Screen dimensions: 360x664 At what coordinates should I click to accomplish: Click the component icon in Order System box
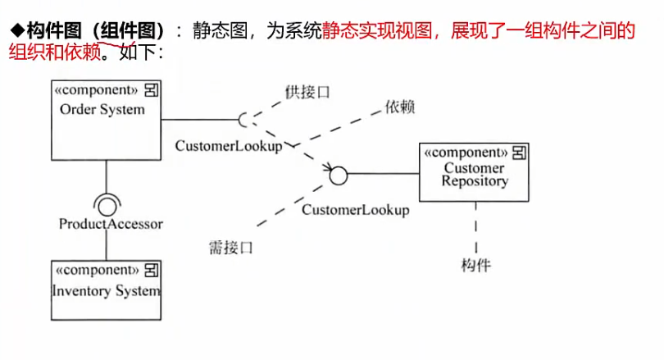coord(152,89)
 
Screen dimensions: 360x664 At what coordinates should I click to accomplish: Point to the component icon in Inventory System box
coord(152,270)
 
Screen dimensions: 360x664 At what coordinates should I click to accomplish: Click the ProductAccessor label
coord(111,223)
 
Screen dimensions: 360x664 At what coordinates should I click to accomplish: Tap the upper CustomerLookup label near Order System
coord(228,145)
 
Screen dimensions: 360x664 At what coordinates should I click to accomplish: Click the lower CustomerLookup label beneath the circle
coord(355,210)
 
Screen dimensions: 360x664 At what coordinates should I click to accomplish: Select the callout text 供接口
coord(307,92)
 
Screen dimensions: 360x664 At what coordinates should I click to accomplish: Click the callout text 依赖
coord(398,107)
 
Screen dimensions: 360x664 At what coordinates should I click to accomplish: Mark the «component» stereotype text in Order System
coord(95,89)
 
